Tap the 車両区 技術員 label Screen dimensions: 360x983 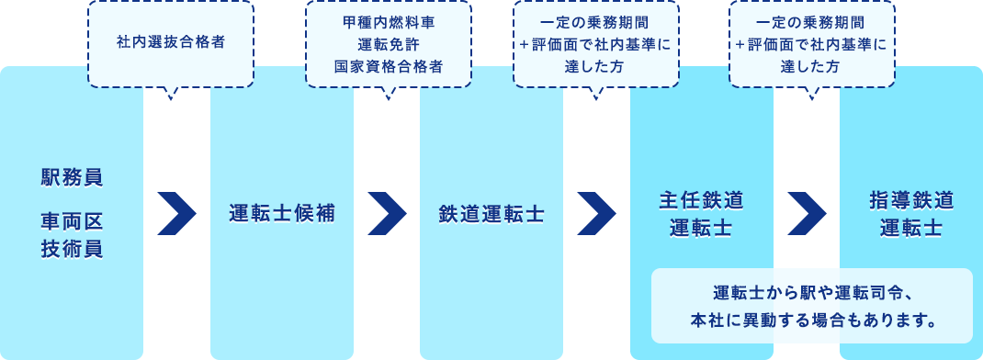tap(72, 235)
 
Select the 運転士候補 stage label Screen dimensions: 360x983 tap(282, 214)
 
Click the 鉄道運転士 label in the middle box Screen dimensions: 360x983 tap(491, 214)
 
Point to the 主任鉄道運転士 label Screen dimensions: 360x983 tap(701, 214)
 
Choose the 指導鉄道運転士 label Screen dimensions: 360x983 tap(910, 214)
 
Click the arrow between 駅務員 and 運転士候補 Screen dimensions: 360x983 tap(176, 214)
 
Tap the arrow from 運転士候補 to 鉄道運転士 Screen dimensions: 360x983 tap(387, 214)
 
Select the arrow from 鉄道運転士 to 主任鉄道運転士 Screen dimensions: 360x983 tap(596, 214)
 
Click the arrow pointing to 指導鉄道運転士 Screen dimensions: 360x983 tap(807, 214)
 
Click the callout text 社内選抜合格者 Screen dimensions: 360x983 tap(171, 42)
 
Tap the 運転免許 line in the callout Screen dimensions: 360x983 tap(388, 43)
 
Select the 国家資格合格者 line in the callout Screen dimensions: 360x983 tap(388, 66)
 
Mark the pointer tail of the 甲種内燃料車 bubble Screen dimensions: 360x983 tap(387, 92)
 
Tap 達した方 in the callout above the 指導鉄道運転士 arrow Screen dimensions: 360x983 tap(811, 66)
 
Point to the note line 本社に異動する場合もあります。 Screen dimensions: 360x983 tap(811, 321)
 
